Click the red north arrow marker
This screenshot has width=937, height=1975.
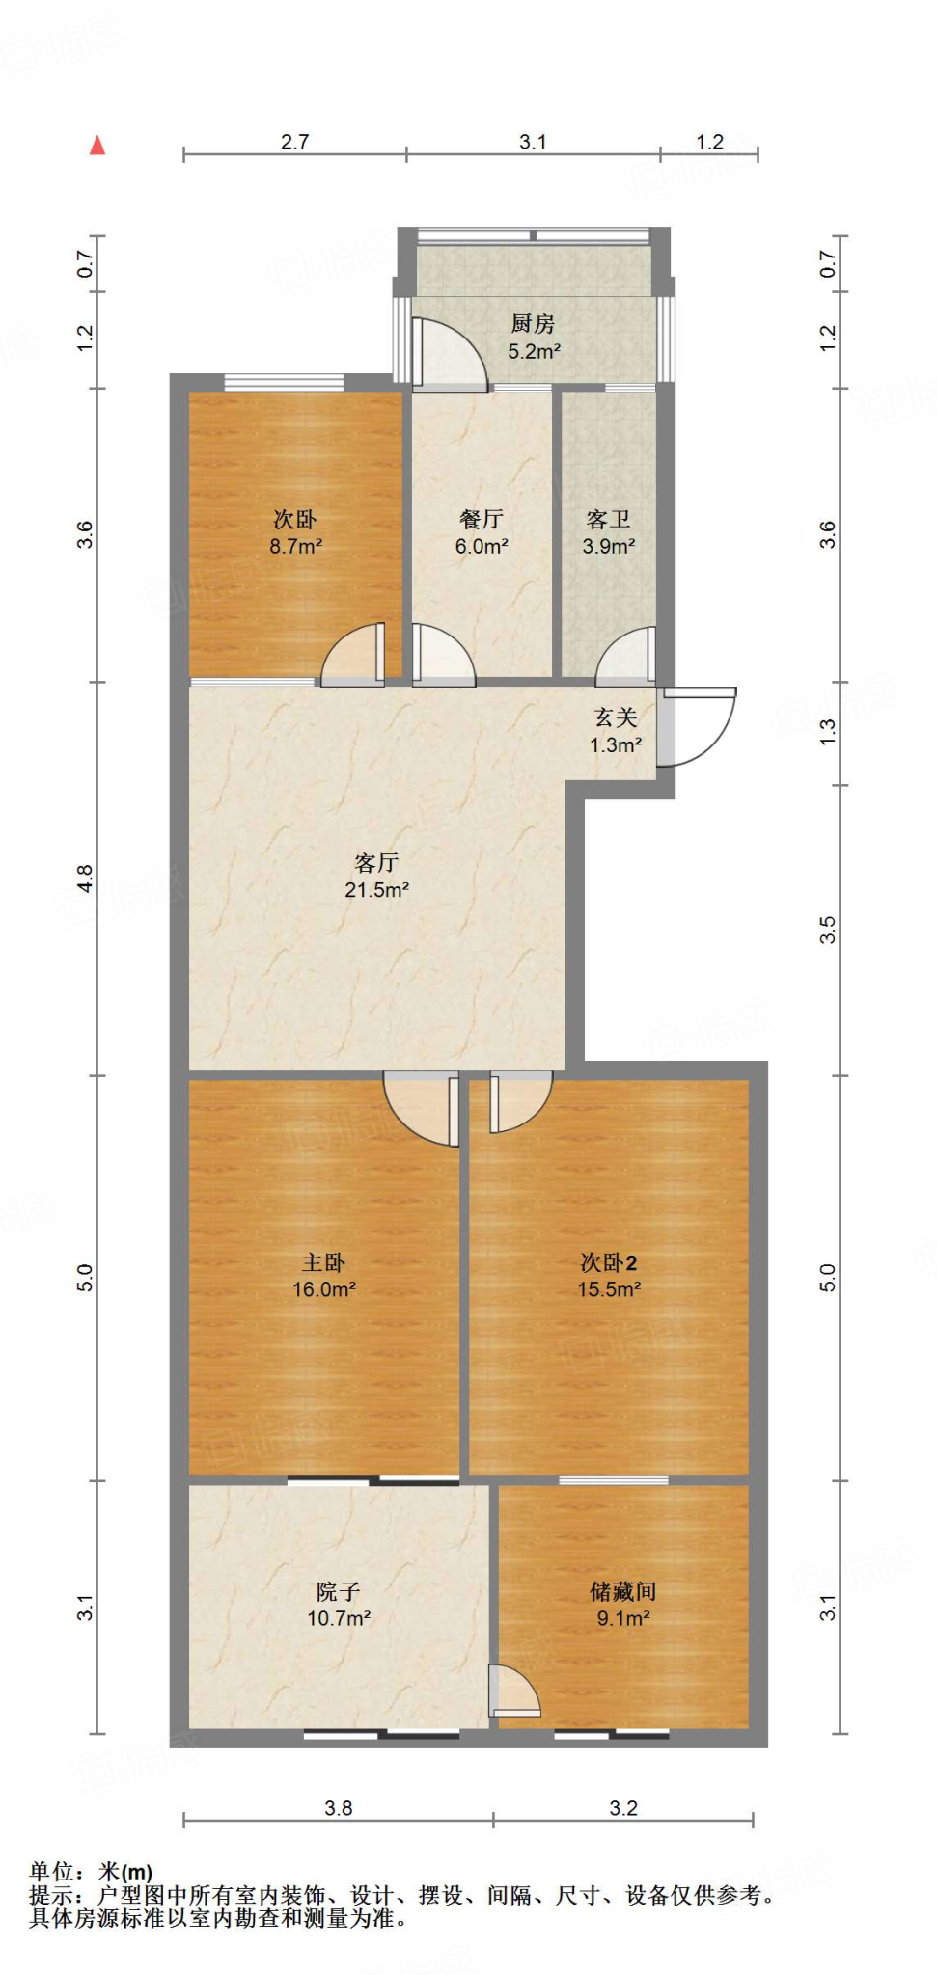tap(97, 146)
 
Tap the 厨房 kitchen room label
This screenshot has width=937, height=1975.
tap(533, 324)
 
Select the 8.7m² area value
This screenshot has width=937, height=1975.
tap(295, 546)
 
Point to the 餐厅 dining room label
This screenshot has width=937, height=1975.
tap(482, 520)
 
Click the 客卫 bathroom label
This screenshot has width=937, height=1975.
tap(608, 520)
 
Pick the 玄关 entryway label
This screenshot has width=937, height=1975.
tap(616, 717)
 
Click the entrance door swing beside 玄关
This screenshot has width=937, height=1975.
tap(703, 725)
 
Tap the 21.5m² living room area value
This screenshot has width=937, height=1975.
tap(376, 890)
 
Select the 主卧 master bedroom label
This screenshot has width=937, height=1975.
tap(323, 1262)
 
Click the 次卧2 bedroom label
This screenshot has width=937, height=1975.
tap(608, 1262)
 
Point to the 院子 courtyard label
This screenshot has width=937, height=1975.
tap(338, 1592)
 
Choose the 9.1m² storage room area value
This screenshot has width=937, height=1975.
tap(622, 1618)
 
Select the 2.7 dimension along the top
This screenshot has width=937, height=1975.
tap(294, 142)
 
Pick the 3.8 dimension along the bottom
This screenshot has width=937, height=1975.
tap(338, 1808)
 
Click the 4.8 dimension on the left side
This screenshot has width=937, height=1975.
tap(86, 879)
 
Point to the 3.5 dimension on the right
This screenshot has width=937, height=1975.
tap(827, 930)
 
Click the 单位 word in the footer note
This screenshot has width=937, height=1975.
tap(52, 1872)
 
